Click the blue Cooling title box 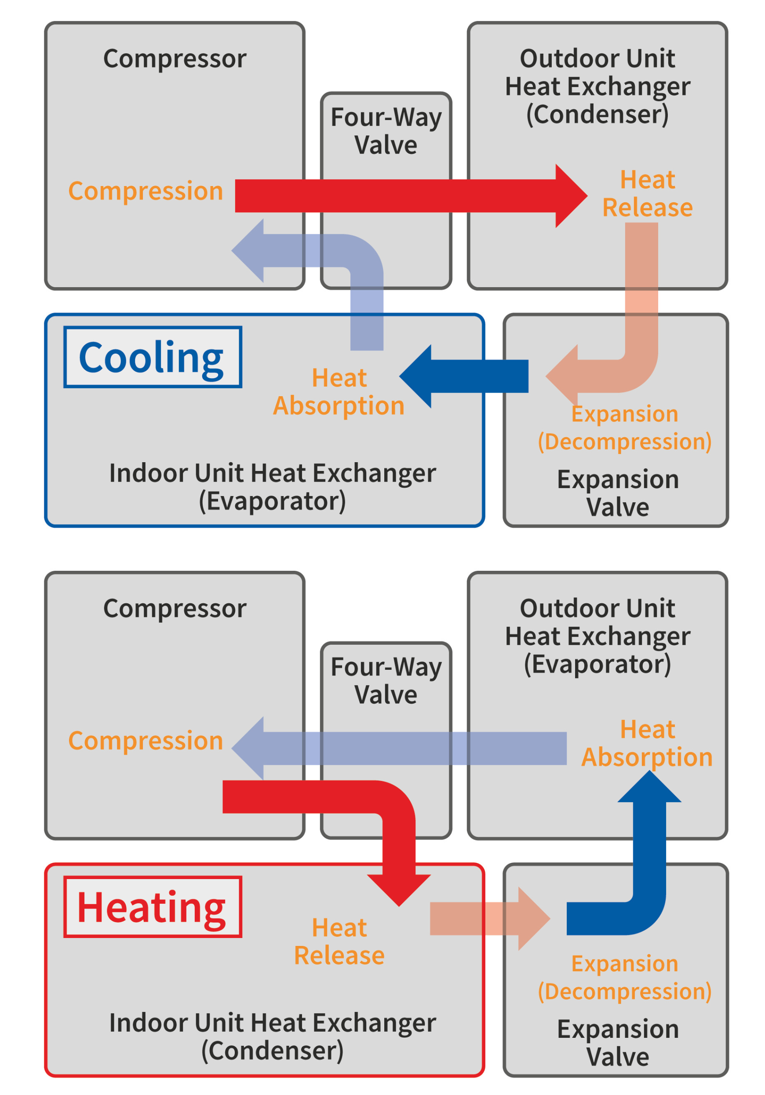point(152,357)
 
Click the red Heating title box point(152,907)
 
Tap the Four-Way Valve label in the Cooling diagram point(386,131)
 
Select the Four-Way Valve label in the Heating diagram point(386,681)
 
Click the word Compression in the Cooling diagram point(146,191)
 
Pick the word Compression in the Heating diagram point(146,741)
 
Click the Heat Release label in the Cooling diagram point(647,194)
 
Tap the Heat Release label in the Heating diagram point(339,942)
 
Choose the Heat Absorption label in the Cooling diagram point(339,392)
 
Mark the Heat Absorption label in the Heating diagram point(647,744)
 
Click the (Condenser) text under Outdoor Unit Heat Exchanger point(597,114)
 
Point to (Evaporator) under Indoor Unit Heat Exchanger point(272,501)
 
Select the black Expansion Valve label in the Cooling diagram point(618,493)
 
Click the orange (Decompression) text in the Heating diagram point(624,992)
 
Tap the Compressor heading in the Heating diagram point(175,609)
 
